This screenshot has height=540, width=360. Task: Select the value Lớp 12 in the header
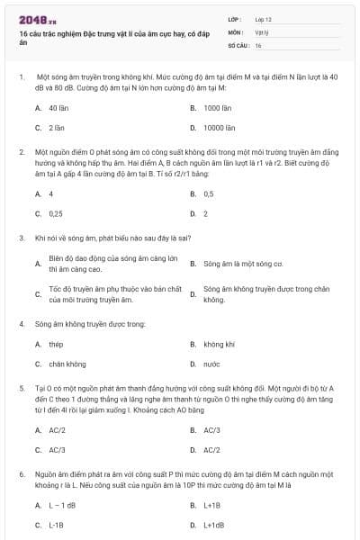point(263,18)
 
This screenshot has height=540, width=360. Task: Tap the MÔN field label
point(235,31)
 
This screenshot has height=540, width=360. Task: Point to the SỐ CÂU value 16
point(258,44)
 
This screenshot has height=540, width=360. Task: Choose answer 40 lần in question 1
point(58,107)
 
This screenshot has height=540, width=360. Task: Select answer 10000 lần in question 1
point(220,128)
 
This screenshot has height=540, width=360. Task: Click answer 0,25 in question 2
point(56,214)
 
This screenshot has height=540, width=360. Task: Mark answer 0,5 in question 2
point(209,193)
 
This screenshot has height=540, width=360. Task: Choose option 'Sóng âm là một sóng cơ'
point(243,265)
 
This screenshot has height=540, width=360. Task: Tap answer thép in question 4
point(56,344)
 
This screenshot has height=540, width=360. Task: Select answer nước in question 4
point(211,364)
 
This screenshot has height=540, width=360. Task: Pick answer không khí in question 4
point(219,344)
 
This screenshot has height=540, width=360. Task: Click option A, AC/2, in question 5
point(58,429)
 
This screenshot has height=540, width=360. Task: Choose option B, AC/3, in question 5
point(212,429)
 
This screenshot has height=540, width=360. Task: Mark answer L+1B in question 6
point(212,505)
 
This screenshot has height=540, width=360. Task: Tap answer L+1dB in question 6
point(214,525)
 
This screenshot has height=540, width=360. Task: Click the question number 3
point(21,238)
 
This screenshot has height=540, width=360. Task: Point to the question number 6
point(21,472)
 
